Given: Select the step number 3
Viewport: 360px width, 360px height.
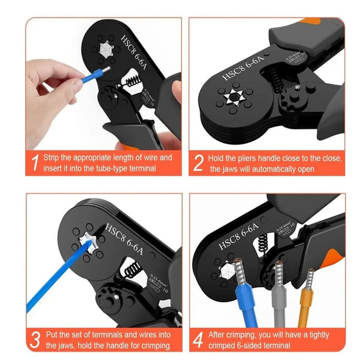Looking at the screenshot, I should click(x=35, y=339).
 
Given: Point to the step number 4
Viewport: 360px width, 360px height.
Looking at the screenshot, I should click(x=199, y=339).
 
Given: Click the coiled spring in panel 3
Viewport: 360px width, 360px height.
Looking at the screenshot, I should click(x=132, y=268).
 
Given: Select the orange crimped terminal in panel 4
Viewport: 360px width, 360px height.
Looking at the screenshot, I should click(x=307, y=298).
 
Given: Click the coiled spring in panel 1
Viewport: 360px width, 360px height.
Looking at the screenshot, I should click(x=132, y=81).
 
